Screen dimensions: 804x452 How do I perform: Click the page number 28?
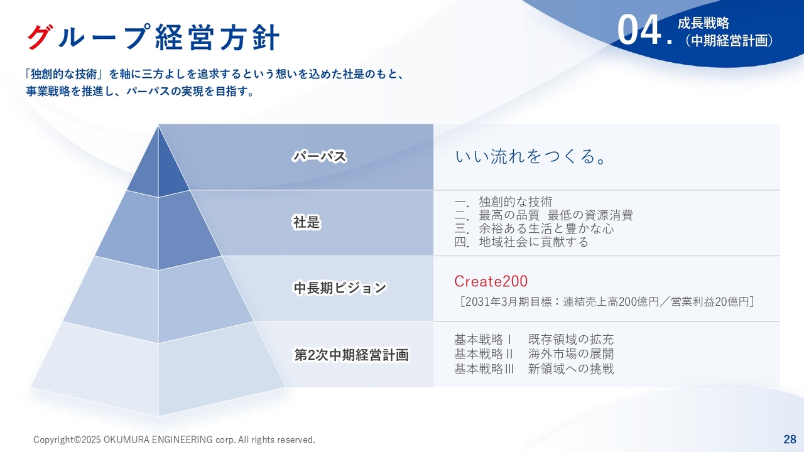coord(790,439)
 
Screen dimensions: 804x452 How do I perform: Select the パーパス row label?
coord(320,156)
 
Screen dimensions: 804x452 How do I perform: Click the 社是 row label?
coord(307,222)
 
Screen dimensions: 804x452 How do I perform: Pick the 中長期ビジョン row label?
coord(340,288)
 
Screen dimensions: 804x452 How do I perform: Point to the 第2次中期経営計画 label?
coord(351,355)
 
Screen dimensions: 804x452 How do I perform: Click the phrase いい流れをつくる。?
coord(531,156)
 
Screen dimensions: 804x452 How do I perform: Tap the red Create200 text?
coord(491,281)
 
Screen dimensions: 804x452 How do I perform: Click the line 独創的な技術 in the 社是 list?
coord(516,202)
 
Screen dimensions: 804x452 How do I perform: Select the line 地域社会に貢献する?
coord(533,242)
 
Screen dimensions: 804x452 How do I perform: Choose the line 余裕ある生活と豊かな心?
coord(546,229)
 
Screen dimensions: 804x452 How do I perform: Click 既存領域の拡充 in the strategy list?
coord(571,340)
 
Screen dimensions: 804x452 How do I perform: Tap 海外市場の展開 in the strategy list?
coord(571,354)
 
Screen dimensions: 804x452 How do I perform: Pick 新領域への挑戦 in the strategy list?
coord(571,369)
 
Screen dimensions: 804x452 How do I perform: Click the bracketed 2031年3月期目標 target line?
coord(607,302)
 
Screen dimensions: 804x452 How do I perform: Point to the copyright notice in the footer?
coord(174,439)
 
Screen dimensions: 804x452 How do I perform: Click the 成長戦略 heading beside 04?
coord(703,23)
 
